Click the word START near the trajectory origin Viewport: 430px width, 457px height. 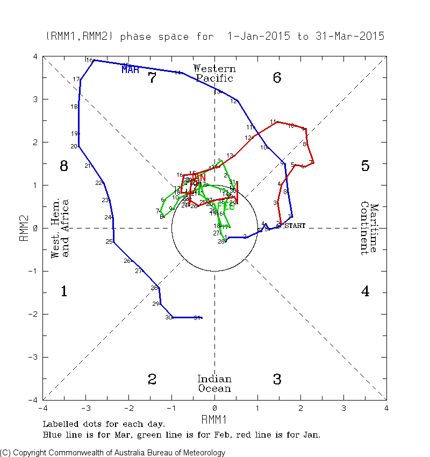click(295, 226)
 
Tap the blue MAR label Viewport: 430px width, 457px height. click(131, 69)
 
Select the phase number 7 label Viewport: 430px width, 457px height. click(152, 78)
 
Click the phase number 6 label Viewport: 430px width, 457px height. click(277, 78)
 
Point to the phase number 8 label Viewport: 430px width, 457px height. click(63, 166)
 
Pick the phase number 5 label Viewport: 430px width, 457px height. click(365, 166)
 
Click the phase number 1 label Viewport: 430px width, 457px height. click(63, 291)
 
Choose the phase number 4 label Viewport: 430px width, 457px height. click(365, 291)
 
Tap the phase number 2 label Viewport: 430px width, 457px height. click(152, 380)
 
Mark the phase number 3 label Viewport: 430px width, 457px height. click(277, 380)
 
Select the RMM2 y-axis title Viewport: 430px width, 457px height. click(24, 228)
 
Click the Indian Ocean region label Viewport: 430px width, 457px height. click(214, 383)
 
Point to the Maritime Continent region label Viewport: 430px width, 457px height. click(369, 228)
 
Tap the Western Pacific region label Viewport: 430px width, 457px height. click(214, 73)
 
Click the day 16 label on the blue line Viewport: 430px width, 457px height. click(89, 60)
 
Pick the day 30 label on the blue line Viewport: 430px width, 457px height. click(168, 318)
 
